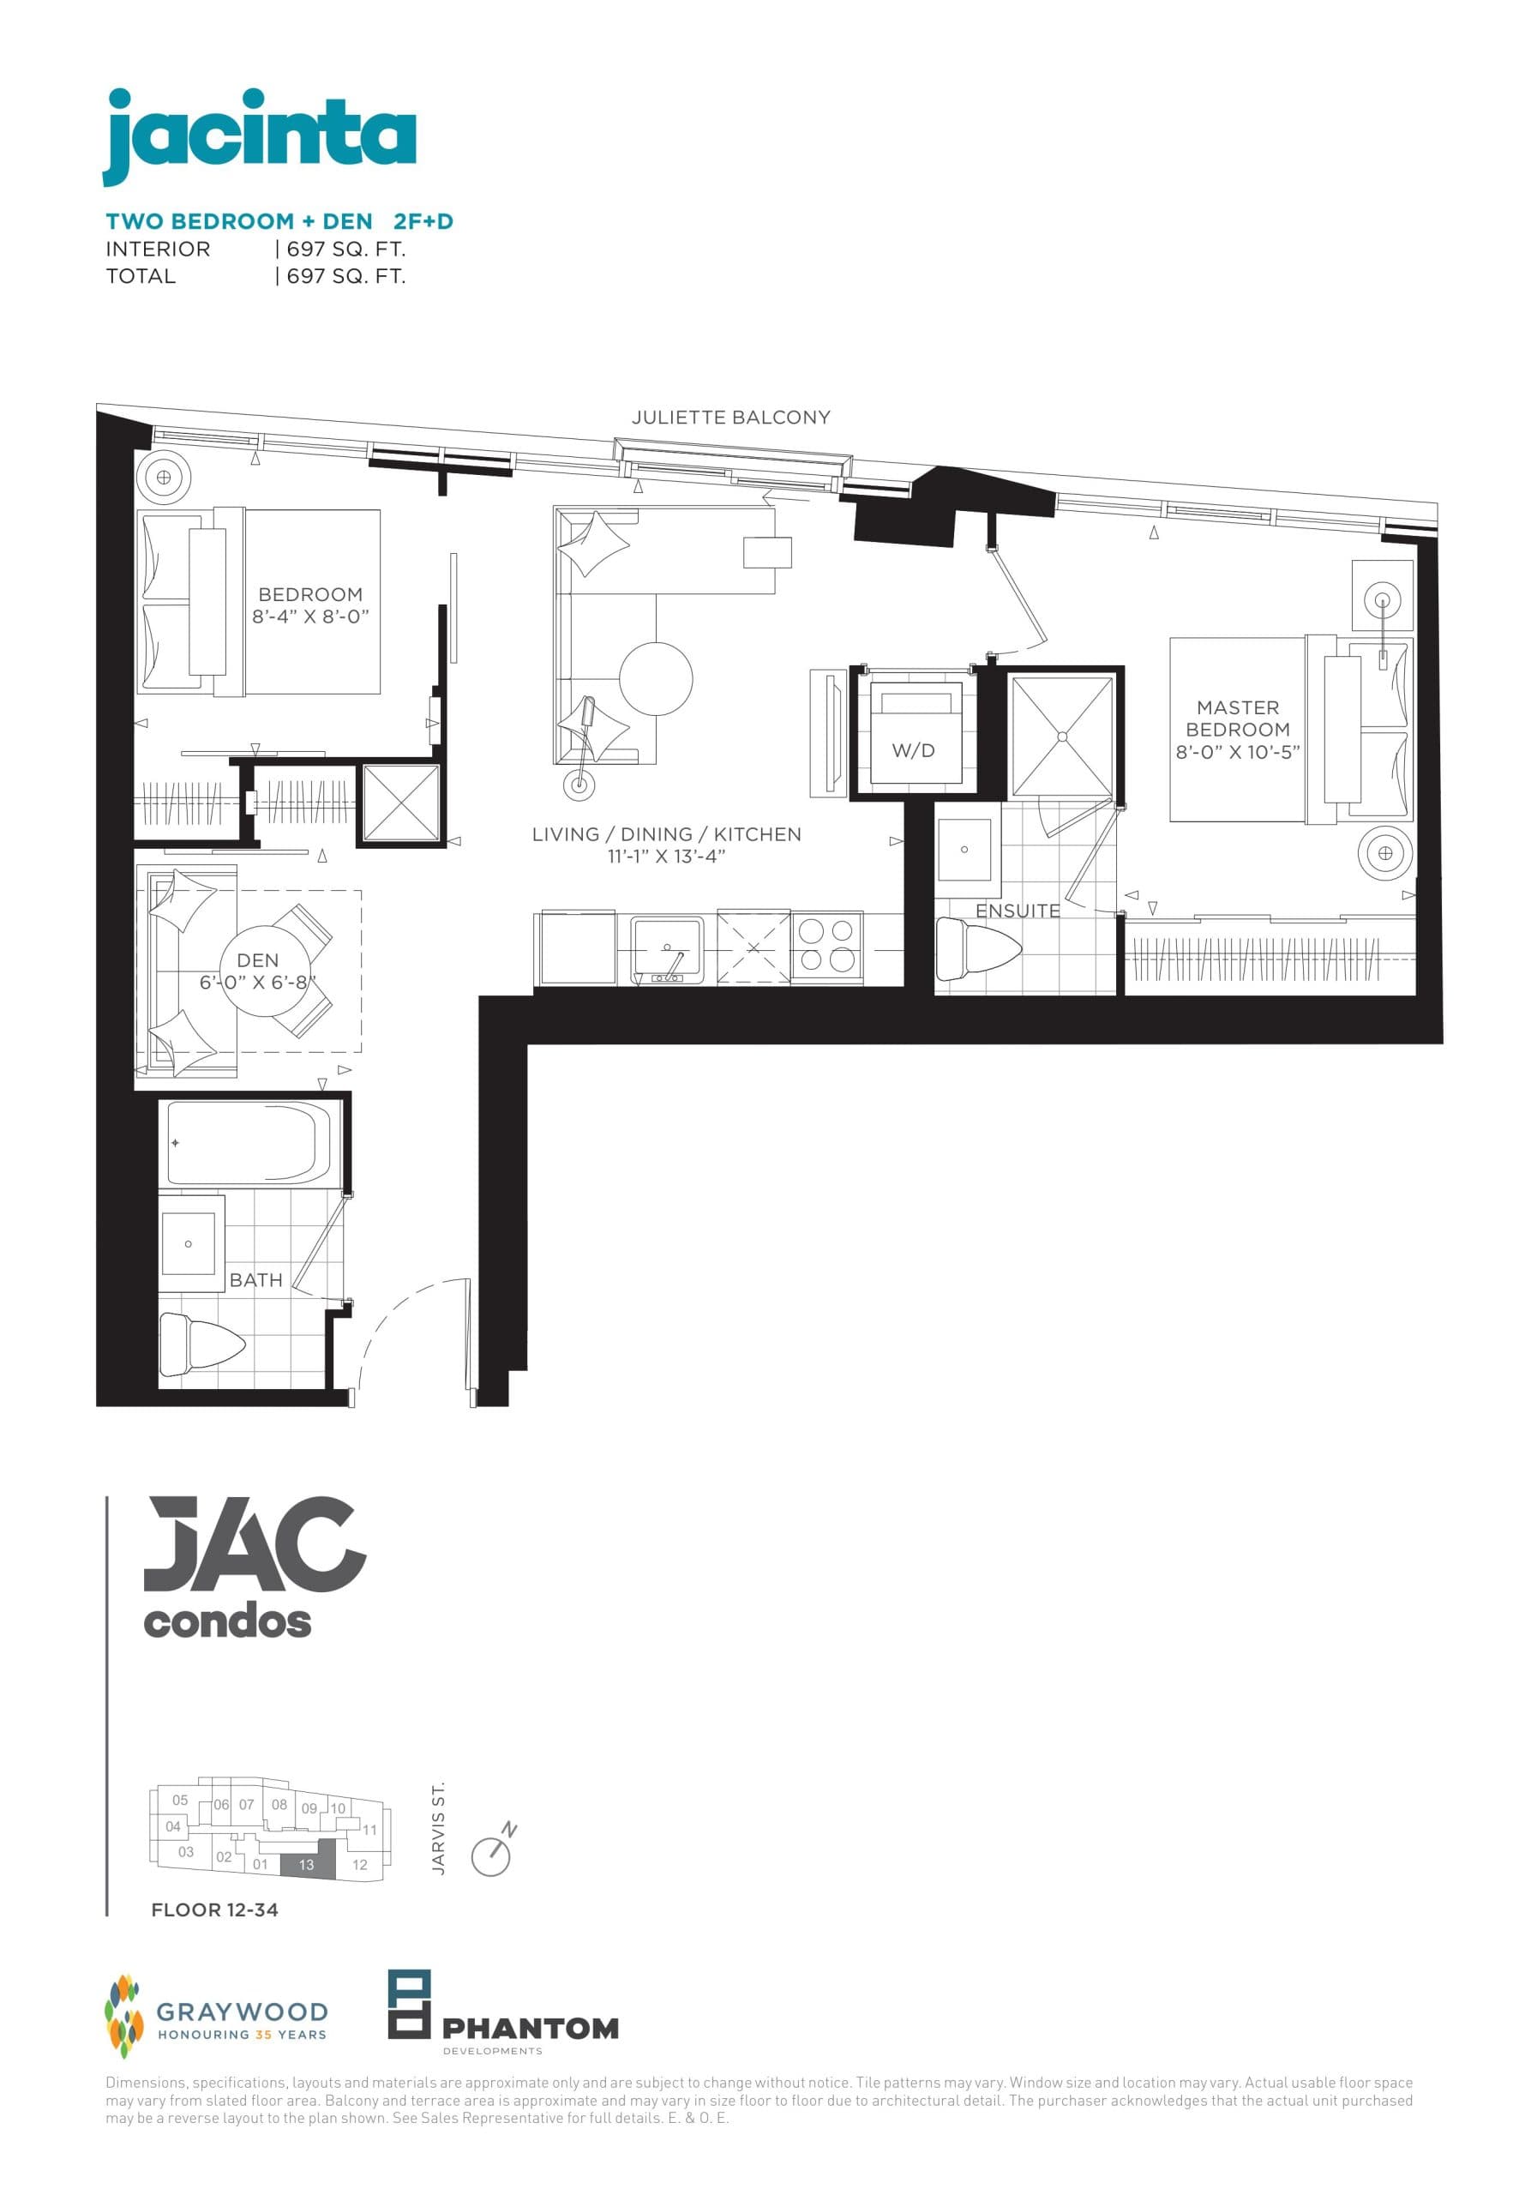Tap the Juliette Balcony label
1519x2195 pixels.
click(730, 417)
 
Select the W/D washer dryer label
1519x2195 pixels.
click(913, 750)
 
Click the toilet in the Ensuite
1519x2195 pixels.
click(975, 948)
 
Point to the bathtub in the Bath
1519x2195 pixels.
click(250, 1142)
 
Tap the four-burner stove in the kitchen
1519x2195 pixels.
click(826, 945)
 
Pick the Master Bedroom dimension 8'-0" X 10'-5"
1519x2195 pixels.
click(1237, 751)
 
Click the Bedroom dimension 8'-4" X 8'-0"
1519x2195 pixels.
click(310, 616)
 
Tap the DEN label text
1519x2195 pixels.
click(257, 959)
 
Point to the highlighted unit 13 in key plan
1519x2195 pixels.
click(308, 1865)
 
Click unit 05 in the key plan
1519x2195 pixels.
click(180, 1800)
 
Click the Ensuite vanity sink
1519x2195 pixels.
click(965, 848)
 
